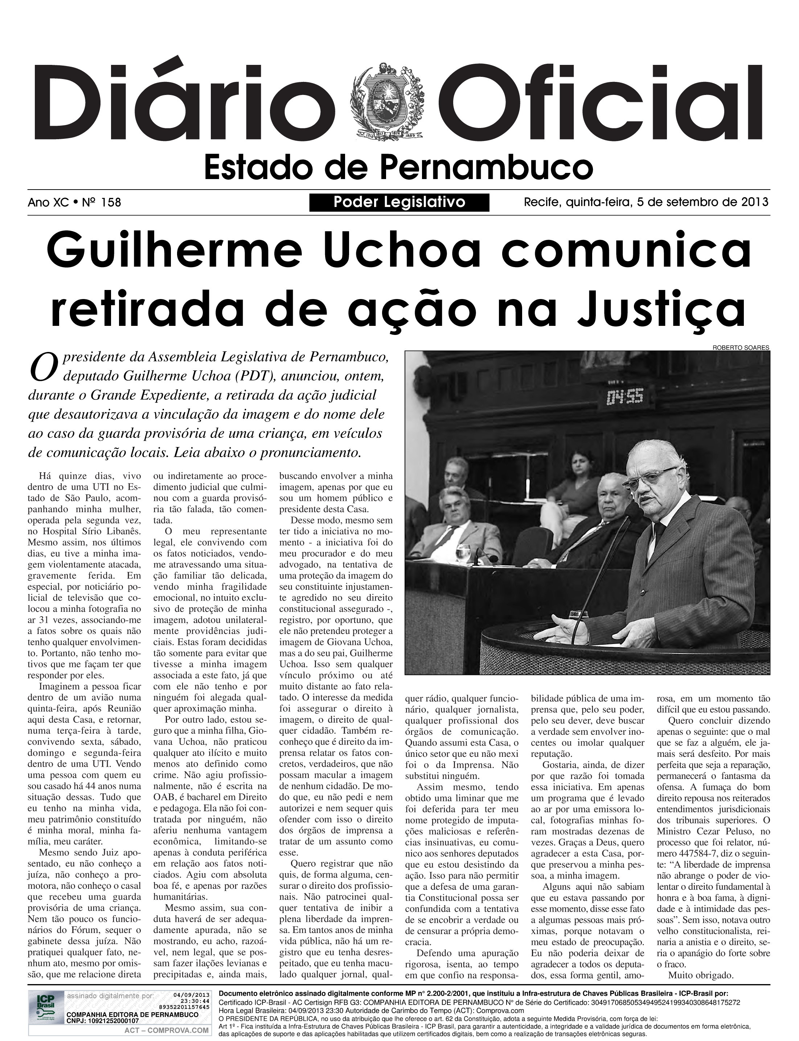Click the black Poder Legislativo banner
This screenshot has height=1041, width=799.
point(399,202)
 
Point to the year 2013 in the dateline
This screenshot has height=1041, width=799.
point(755,202)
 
